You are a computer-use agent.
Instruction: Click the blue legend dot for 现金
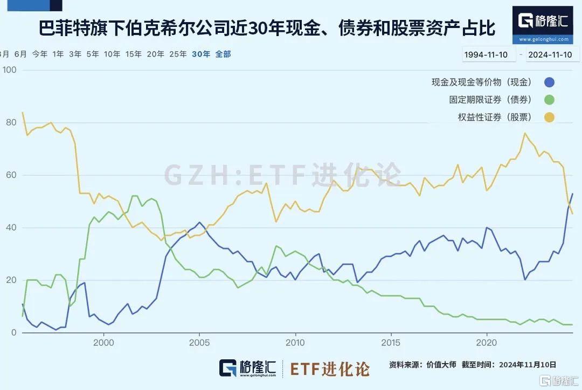549,82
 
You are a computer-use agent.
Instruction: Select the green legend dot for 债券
549,100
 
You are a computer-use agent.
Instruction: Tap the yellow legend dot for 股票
549,117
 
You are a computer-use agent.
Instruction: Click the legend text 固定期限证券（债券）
490,100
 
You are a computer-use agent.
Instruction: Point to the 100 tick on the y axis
10,71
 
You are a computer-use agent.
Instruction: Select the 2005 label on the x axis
199,343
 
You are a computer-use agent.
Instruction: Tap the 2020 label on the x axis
487,343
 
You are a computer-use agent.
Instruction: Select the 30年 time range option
201,54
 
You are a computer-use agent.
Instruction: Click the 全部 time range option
223,54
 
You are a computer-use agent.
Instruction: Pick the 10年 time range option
112,54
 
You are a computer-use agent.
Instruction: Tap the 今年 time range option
40,54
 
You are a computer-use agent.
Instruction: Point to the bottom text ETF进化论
330,369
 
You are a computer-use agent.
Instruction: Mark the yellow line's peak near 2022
524,133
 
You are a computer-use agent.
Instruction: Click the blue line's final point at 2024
572,193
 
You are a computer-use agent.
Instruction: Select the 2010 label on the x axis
295,343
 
